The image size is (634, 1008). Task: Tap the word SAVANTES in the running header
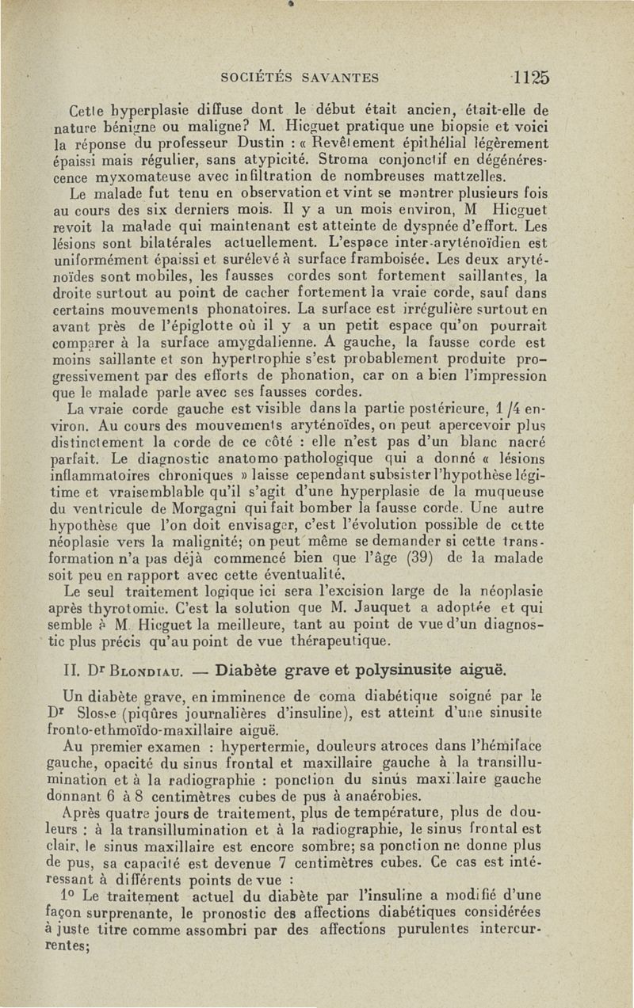tap(338, 76)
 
